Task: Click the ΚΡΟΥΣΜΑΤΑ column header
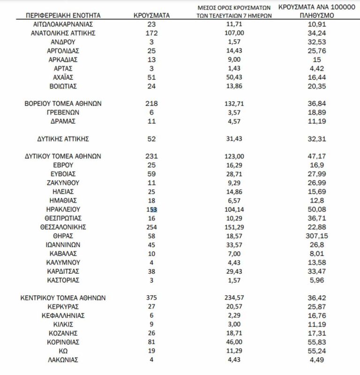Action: pyautogui.click(x=151, y=15)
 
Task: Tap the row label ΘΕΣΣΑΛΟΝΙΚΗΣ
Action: pyautogui.click(x=63, y=227)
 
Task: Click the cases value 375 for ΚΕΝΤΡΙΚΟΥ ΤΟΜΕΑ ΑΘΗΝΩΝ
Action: pyautogui.click(x=151, y=298)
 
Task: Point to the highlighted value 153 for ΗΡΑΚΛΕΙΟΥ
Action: pyautogui.click(x=151, y=209)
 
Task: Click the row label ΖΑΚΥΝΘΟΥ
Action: pyautogui.click(x=63, y=182)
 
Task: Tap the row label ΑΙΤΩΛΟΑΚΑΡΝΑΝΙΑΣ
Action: pyautogui.click(x=63, y=24)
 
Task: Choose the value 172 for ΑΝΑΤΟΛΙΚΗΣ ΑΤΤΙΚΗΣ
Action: pyautogui.click(x=151, y=33)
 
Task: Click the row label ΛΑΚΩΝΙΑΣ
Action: pyautogui.click(x=63, y=360)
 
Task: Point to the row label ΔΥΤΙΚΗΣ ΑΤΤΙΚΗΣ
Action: pyautogui.click(x=63, y=139)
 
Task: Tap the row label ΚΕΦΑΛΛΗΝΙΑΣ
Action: pyautogui.click(x=63, y=315)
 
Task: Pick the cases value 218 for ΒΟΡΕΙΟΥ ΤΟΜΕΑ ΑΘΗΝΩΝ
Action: pyautogui.click(x=151, y=104)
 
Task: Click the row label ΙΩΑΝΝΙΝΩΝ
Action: pyautogui.click(x=63, y=245)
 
